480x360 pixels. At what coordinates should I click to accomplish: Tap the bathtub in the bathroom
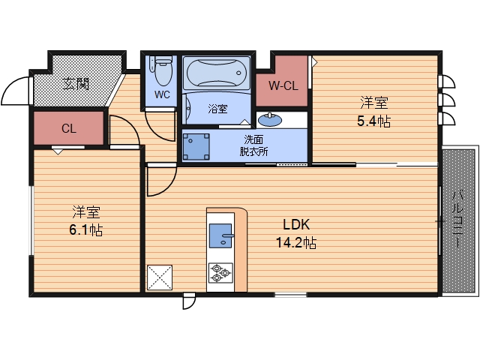pos(217,73)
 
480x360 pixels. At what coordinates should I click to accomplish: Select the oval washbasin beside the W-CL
pos(270,120)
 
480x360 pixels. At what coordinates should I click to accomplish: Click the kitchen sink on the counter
pos(220,235)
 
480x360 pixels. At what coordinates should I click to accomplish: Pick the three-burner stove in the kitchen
pos(220,272)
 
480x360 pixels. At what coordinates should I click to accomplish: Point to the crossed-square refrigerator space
pos(160,277)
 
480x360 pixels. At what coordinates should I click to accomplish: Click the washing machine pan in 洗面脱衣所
pos(196,147)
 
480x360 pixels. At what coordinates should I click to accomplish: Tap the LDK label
pos(296,225)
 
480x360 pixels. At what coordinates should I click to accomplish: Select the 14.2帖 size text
pos(296,243)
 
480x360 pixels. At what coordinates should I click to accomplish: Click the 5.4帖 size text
pos(373,121)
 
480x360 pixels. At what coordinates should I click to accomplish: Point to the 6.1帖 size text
pos(86,230)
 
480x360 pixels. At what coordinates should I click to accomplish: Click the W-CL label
pos(283,85)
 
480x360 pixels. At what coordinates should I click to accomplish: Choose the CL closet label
pos(68,128)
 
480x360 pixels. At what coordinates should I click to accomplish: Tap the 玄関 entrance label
pos(76,84)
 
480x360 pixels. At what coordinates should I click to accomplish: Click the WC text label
pos(162,94)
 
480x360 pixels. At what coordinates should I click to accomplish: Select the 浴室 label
pos(217,109)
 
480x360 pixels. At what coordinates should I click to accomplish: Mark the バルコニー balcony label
pos(457,219)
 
